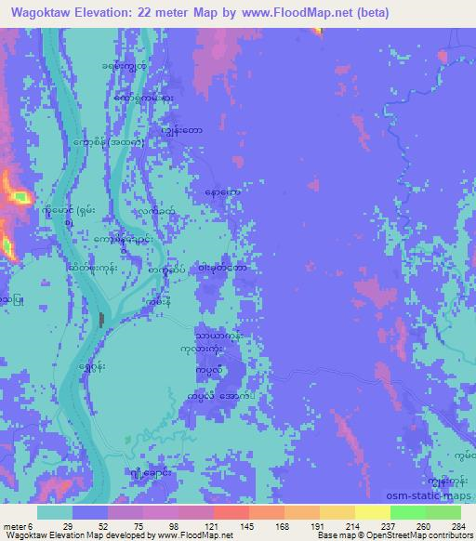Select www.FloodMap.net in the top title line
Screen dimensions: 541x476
pos(297,12)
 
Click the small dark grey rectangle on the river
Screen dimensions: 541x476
pos(100,320)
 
